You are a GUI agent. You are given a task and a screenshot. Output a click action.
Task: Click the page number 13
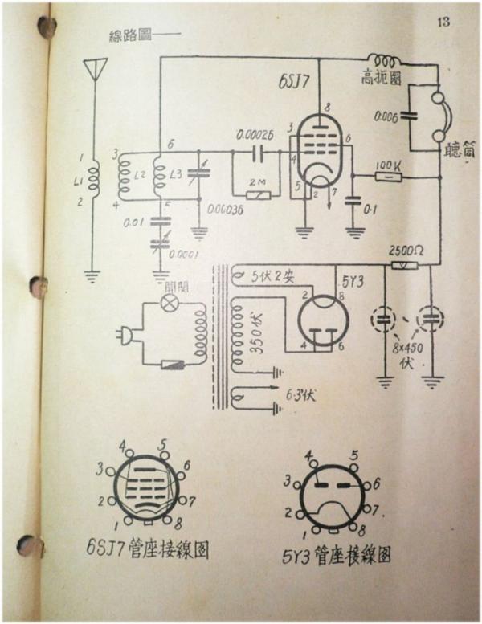[444, 22]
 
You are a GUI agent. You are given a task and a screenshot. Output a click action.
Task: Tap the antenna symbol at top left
[98, 70]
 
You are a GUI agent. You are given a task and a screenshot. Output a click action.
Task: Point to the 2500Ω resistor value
[406, 250]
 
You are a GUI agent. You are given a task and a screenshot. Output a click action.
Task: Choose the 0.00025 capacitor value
[257, 134]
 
